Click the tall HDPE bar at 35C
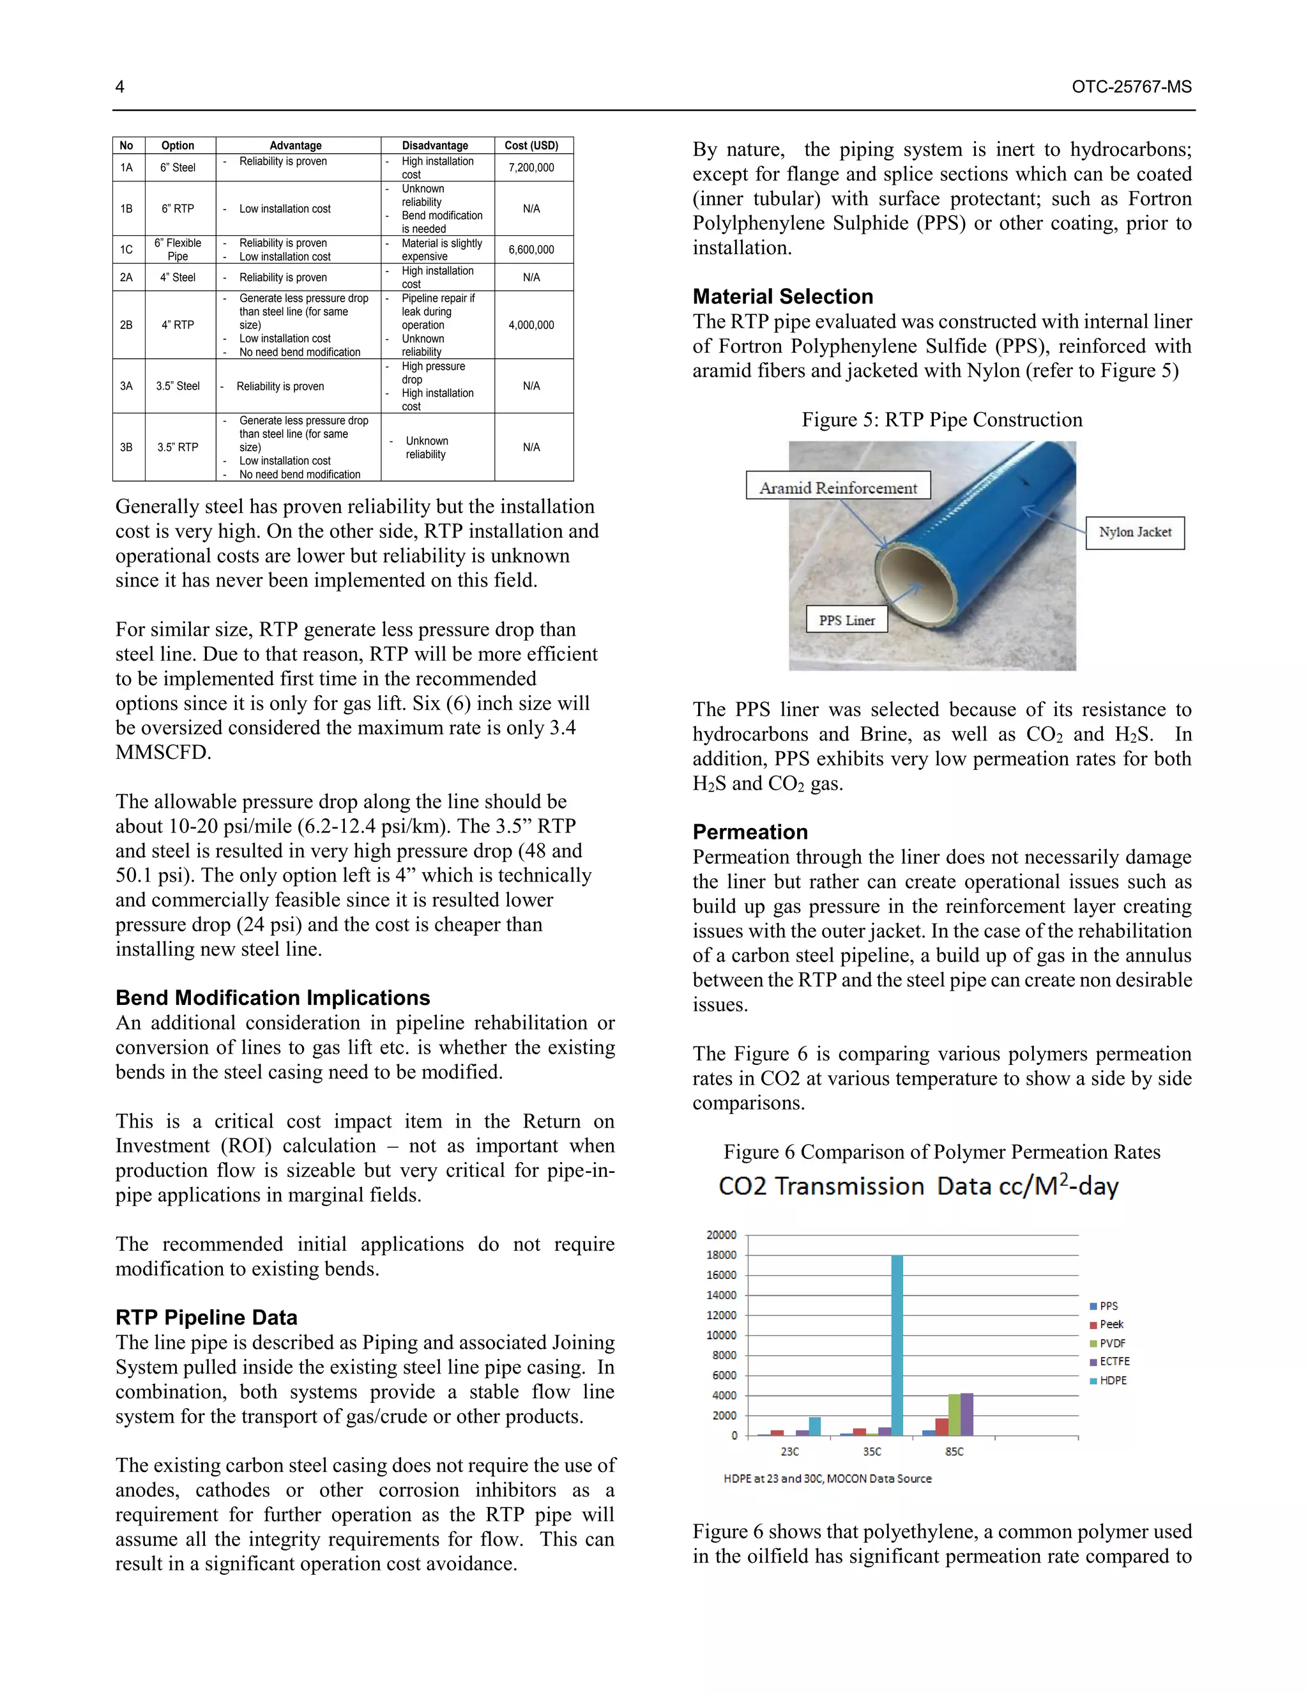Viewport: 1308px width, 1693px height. [x=897, y=1345]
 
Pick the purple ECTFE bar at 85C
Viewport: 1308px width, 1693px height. [x=966, y=1414]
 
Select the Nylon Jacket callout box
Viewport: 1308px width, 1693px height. [x=1134, y=533]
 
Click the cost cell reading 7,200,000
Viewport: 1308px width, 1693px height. [x=531, y=167]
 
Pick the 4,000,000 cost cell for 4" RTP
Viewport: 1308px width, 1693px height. [x=531, y=325]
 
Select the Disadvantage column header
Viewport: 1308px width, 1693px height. [x=435, y=146]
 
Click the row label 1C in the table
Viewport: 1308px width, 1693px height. [x=126, y=250]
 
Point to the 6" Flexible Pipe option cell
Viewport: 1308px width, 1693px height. [x=178, y=250]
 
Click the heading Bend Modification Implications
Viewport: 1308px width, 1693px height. [x=272, y=998]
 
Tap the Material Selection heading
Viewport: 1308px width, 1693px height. [x=782, y=296]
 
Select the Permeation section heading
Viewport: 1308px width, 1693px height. [x=749, y=832]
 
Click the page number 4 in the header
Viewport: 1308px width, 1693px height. [x=120, y=87]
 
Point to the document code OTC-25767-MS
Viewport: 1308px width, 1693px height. [x=1131, y=87]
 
